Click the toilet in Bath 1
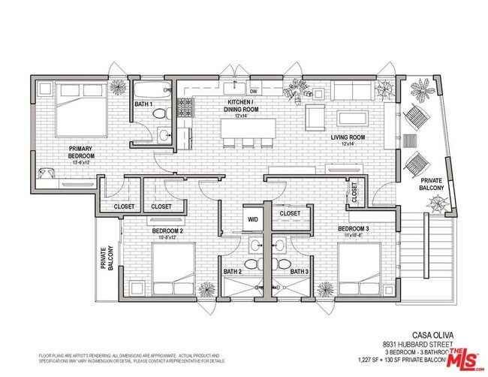click(x=158, y=114)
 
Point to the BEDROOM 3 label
click(x=353, y=228)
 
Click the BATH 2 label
click(x=231, y=271)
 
